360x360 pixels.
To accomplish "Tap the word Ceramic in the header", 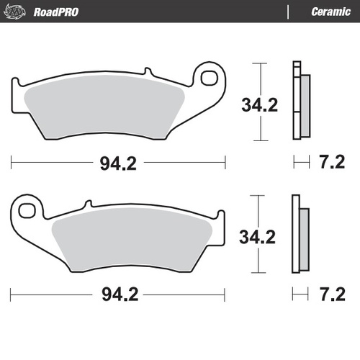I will (x=330, y=11).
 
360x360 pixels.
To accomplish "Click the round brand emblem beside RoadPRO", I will (x=18, y=11).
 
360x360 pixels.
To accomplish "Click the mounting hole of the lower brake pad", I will (x=27, y=210).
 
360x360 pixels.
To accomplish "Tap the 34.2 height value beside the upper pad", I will (x=260, y=105).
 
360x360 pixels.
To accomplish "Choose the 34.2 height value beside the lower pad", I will (x=260, y=235).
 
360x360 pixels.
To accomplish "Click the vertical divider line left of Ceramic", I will (x=288, y=11).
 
